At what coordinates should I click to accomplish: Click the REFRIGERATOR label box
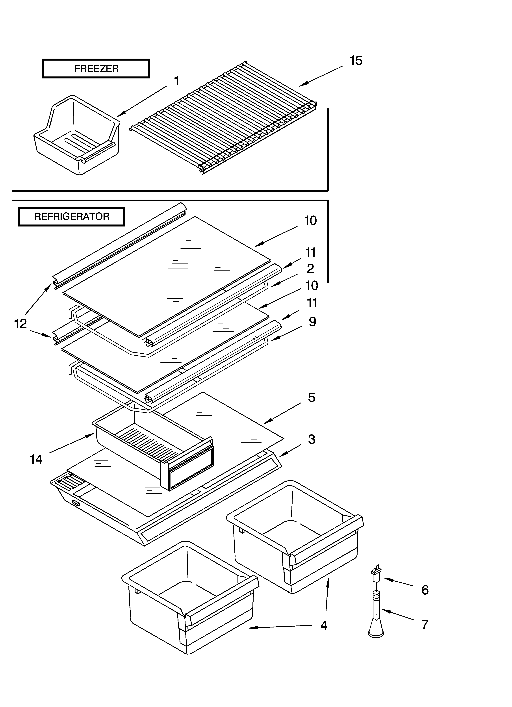click(x=71, y=216)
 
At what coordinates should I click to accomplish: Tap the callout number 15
click(x=356, y=61)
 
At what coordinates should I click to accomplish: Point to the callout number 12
click(x=21, y=324)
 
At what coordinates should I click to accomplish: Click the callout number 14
click(x=36, y=460)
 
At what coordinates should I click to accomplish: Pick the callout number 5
click(x=312, y=397)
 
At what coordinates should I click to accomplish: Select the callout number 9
click(x=312, y=322)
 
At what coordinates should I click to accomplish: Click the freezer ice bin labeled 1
click(x=76, y=137)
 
